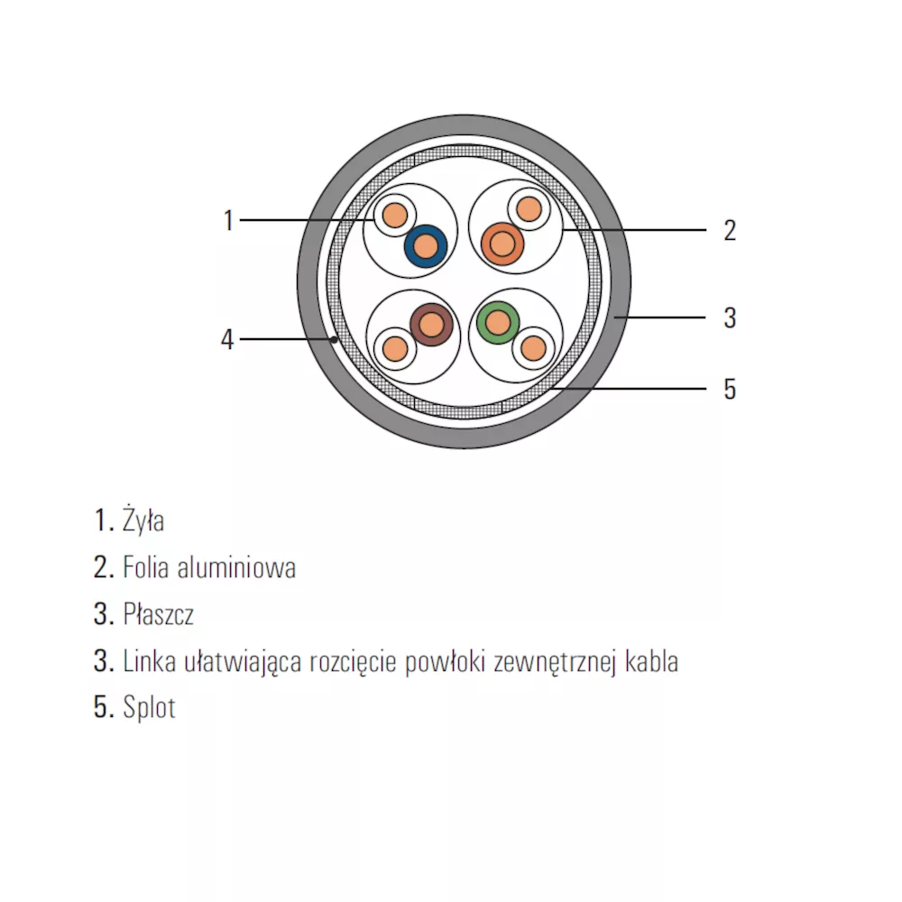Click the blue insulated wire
click(x=426, y=246)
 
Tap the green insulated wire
click(x=498, y=323)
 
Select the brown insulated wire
click(x=431, y=325)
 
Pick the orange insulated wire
click(x=502, y=244)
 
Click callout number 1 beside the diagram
click(x=228, y=220)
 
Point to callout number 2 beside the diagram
click(x=730, y=230)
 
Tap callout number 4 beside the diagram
click(x=228, y=339)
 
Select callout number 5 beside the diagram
click(x=730, y=389)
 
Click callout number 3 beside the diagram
click(x=730, y=318)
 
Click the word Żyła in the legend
click(x=143, y=520)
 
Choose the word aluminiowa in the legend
click(x=236, y=567)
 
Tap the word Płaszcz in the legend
click(x=158, y=613)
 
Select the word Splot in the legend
click(x=149, y=707)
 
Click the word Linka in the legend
click(x=150, y=661)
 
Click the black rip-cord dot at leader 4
click(x=334, y=340)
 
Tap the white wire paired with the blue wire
click(x=395, y=216)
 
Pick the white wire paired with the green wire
click(x=533, y=348)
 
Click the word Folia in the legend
click(x=146, y=567)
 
